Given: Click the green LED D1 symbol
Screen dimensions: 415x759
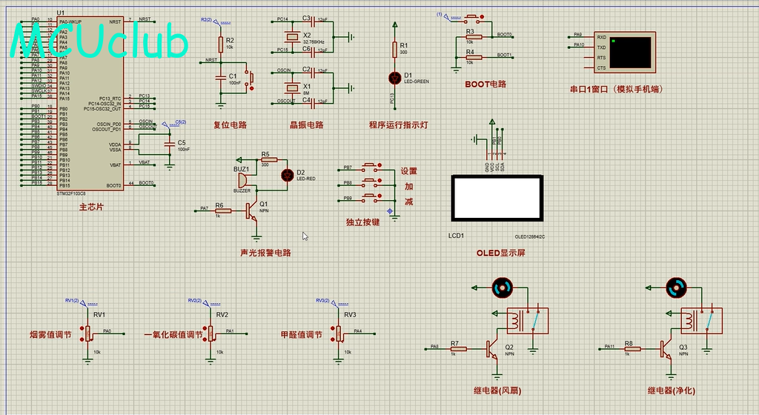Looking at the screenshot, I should (394, 76).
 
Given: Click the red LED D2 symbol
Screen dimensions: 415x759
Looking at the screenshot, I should (288, 175).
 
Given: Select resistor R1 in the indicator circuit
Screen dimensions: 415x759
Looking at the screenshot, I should (394, 49).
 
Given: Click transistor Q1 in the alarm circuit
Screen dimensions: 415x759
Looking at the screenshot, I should (253, 210).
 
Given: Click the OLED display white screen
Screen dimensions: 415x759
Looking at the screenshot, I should (497, 198).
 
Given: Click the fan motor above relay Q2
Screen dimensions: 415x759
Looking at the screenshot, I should (502, 287).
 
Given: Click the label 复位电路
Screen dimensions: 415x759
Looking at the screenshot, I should (230, 125).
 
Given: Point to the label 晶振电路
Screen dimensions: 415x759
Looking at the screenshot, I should (306, 125).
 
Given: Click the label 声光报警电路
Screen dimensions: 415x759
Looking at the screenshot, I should (265, 253).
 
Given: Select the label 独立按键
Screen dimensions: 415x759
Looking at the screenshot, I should (362, 222).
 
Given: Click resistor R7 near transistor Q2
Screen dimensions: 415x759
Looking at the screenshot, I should (454, 347).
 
